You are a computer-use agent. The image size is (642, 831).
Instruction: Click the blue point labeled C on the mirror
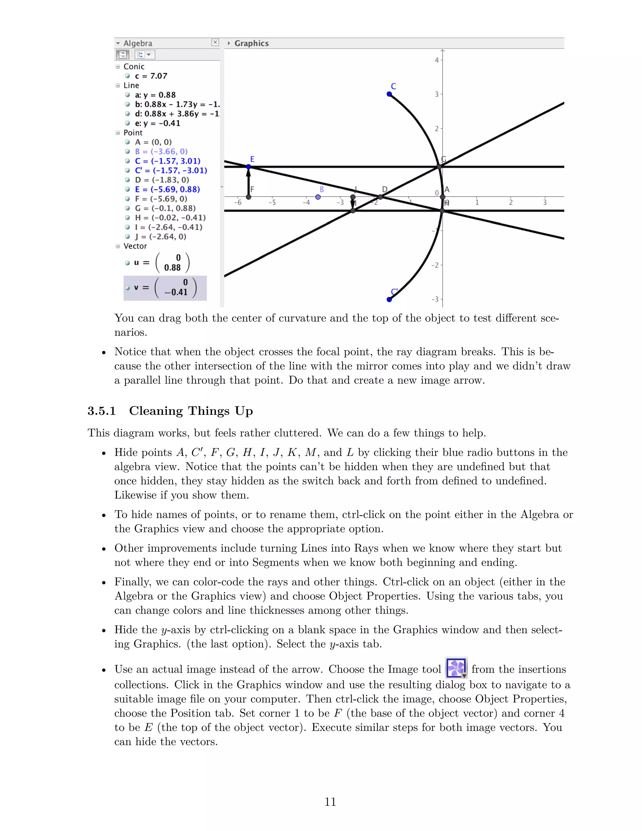[389, 94]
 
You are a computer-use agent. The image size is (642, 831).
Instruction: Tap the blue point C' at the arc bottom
[389, 299]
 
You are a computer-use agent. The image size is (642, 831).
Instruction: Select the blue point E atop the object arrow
[249, 167]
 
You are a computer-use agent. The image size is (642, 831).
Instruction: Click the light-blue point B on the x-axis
[318, 197]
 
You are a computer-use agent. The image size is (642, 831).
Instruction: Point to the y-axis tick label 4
[437, 60]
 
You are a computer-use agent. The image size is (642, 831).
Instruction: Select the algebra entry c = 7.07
[151, 76]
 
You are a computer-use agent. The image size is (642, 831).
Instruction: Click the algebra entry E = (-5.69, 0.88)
[167, 189]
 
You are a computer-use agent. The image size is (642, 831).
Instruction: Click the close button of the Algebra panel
[215, 42]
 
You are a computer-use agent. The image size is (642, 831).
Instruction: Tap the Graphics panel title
[251, 43]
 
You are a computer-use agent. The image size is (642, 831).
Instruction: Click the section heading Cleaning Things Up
[191, 411]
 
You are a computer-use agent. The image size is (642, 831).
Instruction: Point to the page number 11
[330, 802]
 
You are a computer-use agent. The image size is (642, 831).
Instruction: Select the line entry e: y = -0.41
[157, 123]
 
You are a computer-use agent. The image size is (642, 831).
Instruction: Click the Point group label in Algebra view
[133, 133]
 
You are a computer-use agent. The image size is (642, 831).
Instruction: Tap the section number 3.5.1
[102, 411]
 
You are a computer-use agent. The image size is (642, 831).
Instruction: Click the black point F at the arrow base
[249, 197]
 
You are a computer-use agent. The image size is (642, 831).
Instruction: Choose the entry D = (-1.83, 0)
[162, 180]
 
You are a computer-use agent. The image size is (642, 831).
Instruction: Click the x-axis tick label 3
[545, 203]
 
